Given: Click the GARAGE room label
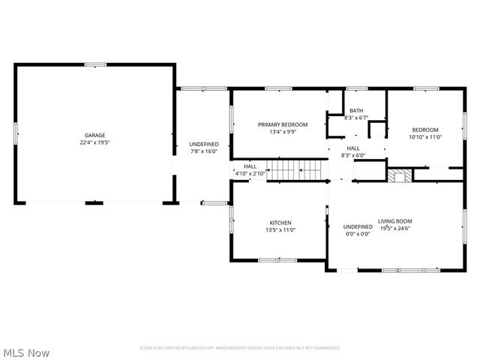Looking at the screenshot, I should coord(94,136).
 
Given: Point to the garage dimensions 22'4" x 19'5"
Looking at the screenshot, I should coord(94,142).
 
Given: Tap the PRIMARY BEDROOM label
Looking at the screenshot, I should coord(277,124).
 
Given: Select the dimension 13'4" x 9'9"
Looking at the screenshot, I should coord(277,131).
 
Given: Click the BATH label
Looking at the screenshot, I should coord(355,111).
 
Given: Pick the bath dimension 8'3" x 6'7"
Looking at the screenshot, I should coord(355,118).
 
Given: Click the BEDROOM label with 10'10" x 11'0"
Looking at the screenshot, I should coord(425,130).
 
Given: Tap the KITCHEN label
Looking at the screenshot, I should coord(280,223).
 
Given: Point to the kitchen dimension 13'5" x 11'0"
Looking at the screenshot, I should coord(280,230).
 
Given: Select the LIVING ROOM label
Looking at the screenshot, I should coord(395,220).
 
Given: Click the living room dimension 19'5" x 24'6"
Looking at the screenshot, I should coord(395,228).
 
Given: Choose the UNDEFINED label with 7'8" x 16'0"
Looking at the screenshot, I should coord(203,144).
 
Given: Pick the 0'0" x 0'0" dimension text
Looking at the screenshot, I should coord(358,234).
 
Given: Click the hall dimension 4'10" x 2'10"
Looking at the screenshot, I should coord(250,173).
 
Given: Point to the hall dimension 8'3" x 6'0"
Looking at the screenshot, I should coord(353,155).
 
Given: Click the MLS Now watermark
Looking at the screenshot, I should coord(26,352).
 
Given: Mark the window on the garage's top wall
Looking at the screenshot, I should coord(94,64).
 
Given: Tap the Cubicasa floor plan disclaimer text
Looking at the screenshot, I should coord(240,348).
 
